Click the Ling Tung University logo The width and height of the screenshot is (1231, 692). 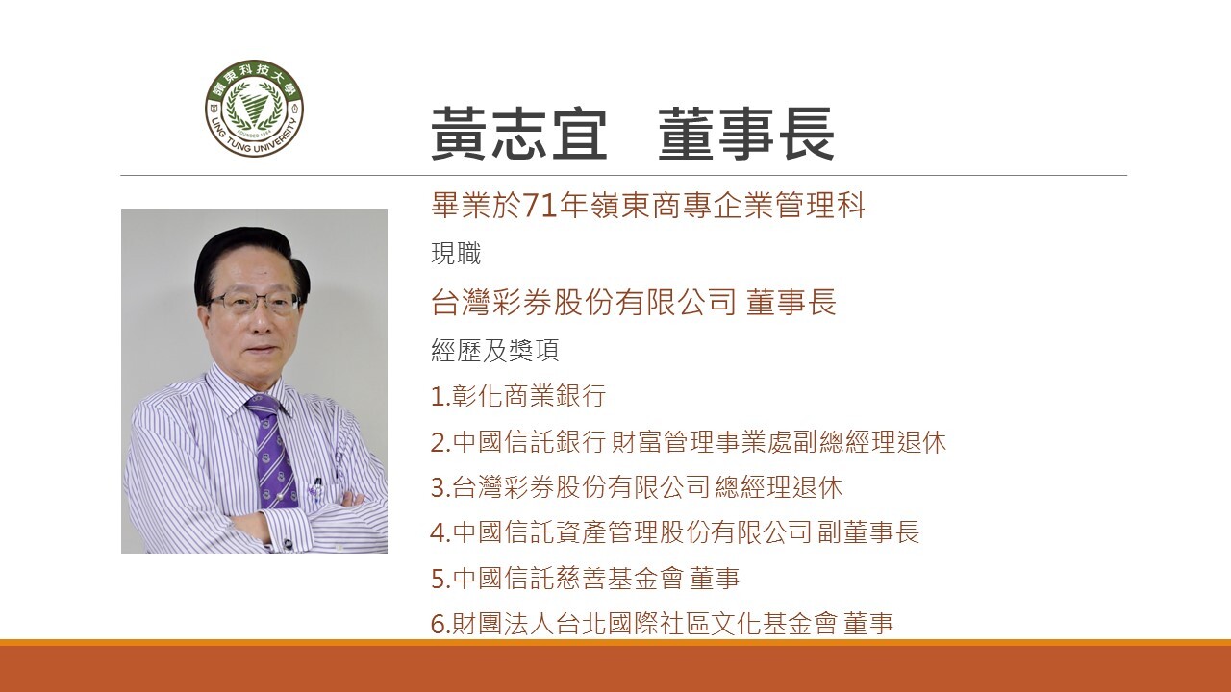click(254, 109)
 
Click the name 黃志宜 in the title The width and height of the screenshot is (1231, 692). click(518, 134)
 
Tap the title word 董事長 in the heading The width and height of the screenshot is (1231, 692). click(745, 134)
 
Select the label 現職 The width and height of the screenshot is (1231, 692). click(456, 254)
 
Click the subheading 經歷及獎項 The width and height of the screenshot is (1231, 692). click(494, 350)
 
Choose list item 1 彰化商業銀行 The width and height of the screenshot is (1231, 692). click(518, 395)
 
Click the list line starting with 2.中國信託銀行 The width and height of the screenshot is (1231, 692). click(689, 442)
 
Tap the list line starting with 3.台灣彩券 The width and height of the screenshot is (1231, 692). click(637, 487)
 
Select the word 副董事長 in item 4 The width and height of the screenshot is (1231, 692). click(868, 532)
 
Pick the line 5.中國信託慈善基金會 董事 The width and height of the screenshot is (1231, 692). click(586, 579)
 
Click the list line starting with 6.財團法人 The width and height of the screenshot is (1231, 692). click(663, 624)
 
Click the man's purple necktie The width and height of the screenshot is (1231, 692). click(273, 452)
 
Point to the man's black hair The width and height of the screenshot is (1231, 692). click(250, 259)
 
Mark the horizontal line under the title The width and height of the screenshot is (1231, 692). click(624, 176)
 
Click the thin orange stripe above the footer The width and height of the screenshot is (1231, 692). click(615, 643)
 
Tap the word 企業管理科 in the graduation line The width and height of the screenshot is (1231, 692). click(789, 206)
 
